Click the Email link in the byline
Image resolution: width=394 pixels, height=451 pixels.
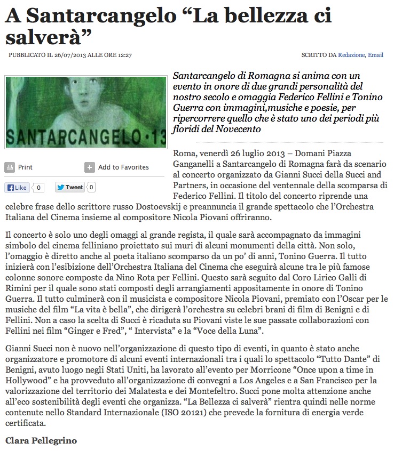pyautogui.click(x=375, y=55)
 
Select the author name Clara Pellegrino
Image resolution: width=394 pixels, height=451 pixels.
pyautogui.click(x=41, y=441)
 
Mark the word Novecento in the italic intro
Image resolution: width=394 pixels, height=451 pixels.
pyautogui.click(x=236, y=130)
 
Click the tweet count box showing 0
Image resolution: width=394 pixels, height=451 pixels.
pyautogui.click(x=91, y=187)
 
